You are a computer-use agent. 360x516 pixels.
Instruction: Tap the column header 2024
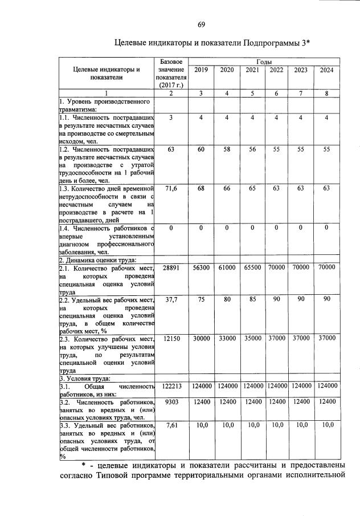(326, 70)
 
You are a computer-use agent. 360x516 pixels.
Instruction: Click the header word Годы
(264, 61)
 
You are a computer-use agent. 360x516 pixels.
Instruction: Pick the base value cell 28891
(171, 267)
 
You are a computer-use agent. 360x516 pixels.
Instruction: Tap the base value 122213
(171, 386)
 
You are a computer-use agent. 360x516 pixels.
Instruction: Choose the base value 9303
(171, 402)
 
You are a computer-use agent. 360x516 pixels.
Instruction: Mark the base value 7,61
(171, 425)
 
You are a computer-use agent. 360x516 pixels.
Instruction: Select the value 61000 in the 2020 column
(226, 267)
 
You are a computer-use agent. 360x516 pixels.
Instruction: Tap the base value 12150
(171, 338)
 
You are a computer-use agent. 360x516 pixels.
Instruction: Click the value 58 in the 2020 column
(226, 149)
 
